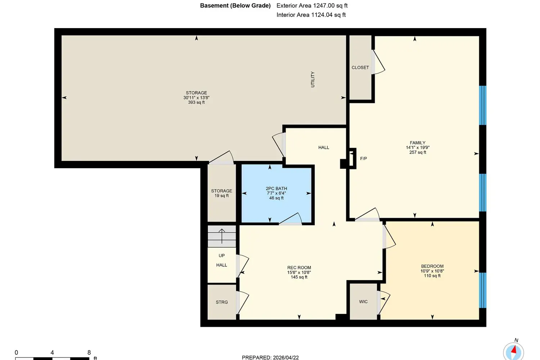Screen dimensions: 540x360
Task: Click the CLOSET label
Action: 360,68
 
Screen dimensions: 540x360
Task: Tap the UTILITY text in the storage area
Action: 313,79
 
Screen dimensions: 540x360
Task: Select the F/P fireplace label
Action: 364,158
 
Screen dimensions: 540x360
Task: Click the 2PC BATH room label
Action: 276,189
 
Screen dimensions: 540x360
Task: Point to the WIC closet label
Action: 363,302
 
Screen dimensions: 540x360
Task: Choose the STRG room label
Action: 222,302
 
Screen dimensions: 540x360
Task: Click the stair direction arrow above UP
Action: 222,236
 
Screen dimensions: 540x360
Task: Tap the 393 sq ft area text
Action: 197,102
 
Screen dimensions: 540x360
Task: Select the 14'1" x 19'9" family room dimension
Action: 418,148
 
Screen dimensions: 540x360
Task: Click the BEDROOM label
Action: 432,266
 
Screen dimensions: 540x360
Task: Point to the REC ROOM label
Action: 299,267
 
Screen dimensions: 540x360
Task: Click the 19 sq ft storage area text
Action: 221,195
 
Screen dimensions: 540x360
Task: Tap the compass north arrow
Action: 514,350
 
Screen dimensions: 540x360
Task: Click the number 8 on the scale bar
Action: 89,352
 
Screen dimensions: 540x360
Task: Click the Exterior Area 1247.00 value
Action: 324,5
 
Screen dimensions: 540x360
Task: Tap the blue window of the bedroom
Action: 482,290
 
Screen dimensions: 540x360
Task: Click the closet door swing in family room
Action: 378,62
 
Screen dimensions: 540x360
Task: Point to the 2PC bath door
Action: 290,219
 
